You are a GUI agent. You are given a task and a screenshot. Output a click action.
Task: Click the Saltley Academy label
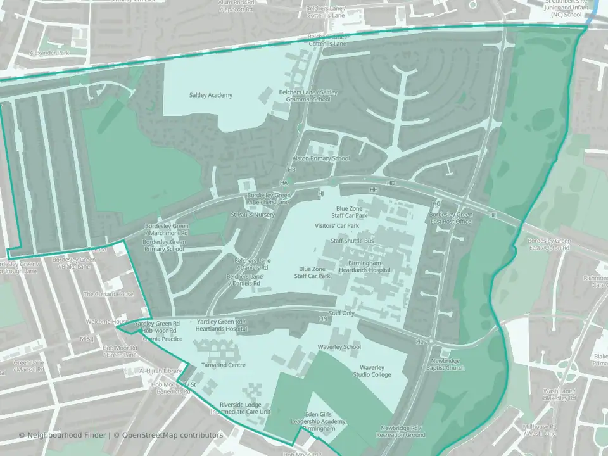tap(211, 95)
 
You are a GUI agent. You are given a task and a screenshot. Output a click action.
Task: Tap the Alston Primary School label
tap(320, 158)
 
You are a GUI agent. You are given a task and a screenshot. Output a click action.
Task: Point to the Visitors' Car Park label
tap(337, 225)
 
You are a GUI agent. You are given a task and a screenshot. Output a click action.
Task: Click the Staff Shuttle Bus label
tap(352, 241)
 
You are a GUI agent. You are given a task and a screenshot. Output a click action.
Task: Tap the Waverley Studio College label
tap(375, 371)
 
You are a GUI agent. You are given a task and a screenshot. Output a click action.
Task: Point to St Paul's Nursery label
tap(252, 215)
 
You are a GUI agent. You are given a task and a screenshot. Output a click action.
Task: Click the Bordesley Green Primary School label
tap(163, 246)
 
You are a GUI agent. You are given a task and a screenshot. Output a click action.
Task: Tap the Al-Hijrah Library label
tap(160, 371)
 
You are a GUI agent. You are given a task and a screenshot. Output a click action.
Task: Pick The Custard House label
tap(109, 294)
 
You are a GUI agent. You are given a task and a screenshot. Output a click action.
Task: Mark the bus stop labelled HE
tap(493, 216)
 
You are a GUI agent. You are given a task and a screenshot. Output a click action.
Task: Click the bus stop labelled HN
tap(323, 318)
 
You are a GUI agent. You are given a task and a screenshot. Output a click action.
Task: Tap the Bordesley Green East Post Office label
tap(451, 218)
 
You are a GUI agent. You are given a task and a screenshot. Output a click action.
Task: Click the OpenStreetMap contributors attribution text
tap(172, 435)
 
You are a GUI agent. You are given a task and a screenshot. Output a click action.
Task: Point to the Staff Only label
tap(342, 313)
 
